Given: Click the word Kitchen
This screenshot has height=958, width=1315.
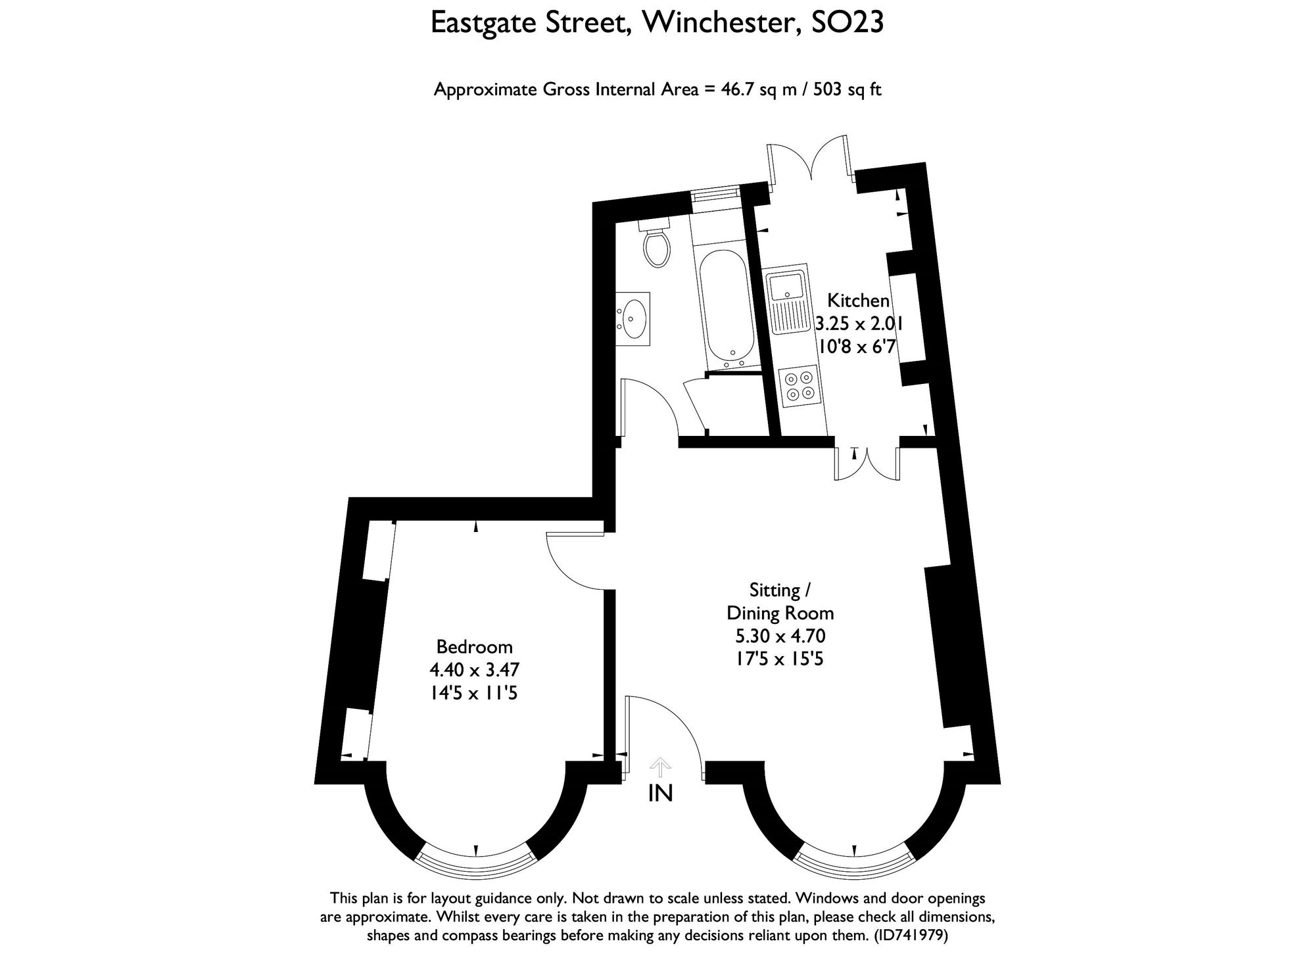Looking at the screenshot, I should (x=858, y=301).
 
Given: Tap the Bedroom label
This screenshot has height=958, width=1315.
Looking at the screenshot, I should (x=474, y=646).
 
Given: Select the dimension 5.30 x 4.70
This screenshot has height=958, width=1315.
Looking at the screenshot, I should (x=780, y=636).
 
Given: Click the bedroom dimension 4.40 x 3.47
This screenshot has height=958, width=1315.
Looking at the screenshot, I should (x=474, y=669).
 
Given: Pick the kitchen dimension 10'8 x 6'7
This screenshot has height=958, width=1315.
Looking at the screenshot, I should (x=856, y=347).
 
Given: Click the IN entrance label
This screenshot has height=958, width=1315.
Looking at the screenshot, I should (x=660, y=794).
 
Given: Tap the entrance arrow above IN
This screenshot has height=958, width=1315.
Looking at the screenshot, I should (x=660, y=765).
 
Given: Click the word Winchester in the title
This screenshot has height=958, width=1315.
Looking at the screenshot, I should (x=721, y=23).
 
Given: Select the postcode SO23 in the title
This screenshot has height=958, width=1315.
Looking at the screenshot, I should (x=848, y=23).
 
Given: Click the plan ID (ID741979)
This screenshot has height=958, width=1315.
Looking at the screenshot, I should (x=911, y=936).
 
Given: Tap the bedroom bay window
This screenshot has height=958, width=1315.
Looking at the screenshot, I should (x=475, y=867).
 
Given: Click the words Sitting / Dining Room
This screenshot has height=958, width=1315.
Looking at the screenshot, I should (x=780, y=602).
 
